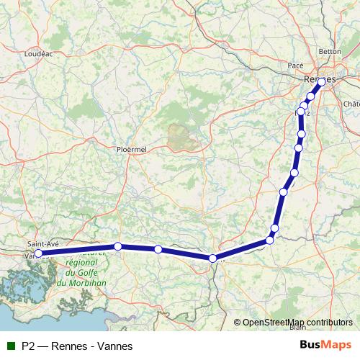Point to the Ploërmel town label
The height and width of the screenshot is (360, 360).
coord(131,149)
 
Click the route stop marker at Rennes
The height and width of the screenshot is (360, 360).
coord(321,81)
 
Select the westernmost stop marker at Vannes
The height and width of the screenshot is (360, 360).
coord(38,253)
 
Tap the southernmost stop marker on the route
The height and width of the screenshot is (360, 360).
coord(212,258)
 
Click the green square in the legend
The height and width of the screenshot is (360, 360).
coord(9,346)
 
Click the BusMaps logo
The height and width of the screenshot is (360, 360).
coord(330,346)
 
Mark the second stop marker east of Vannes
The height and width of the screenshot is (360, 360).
coord(158,249)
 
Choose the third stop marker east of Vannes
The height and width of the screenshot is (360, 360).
coord(212,258)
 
